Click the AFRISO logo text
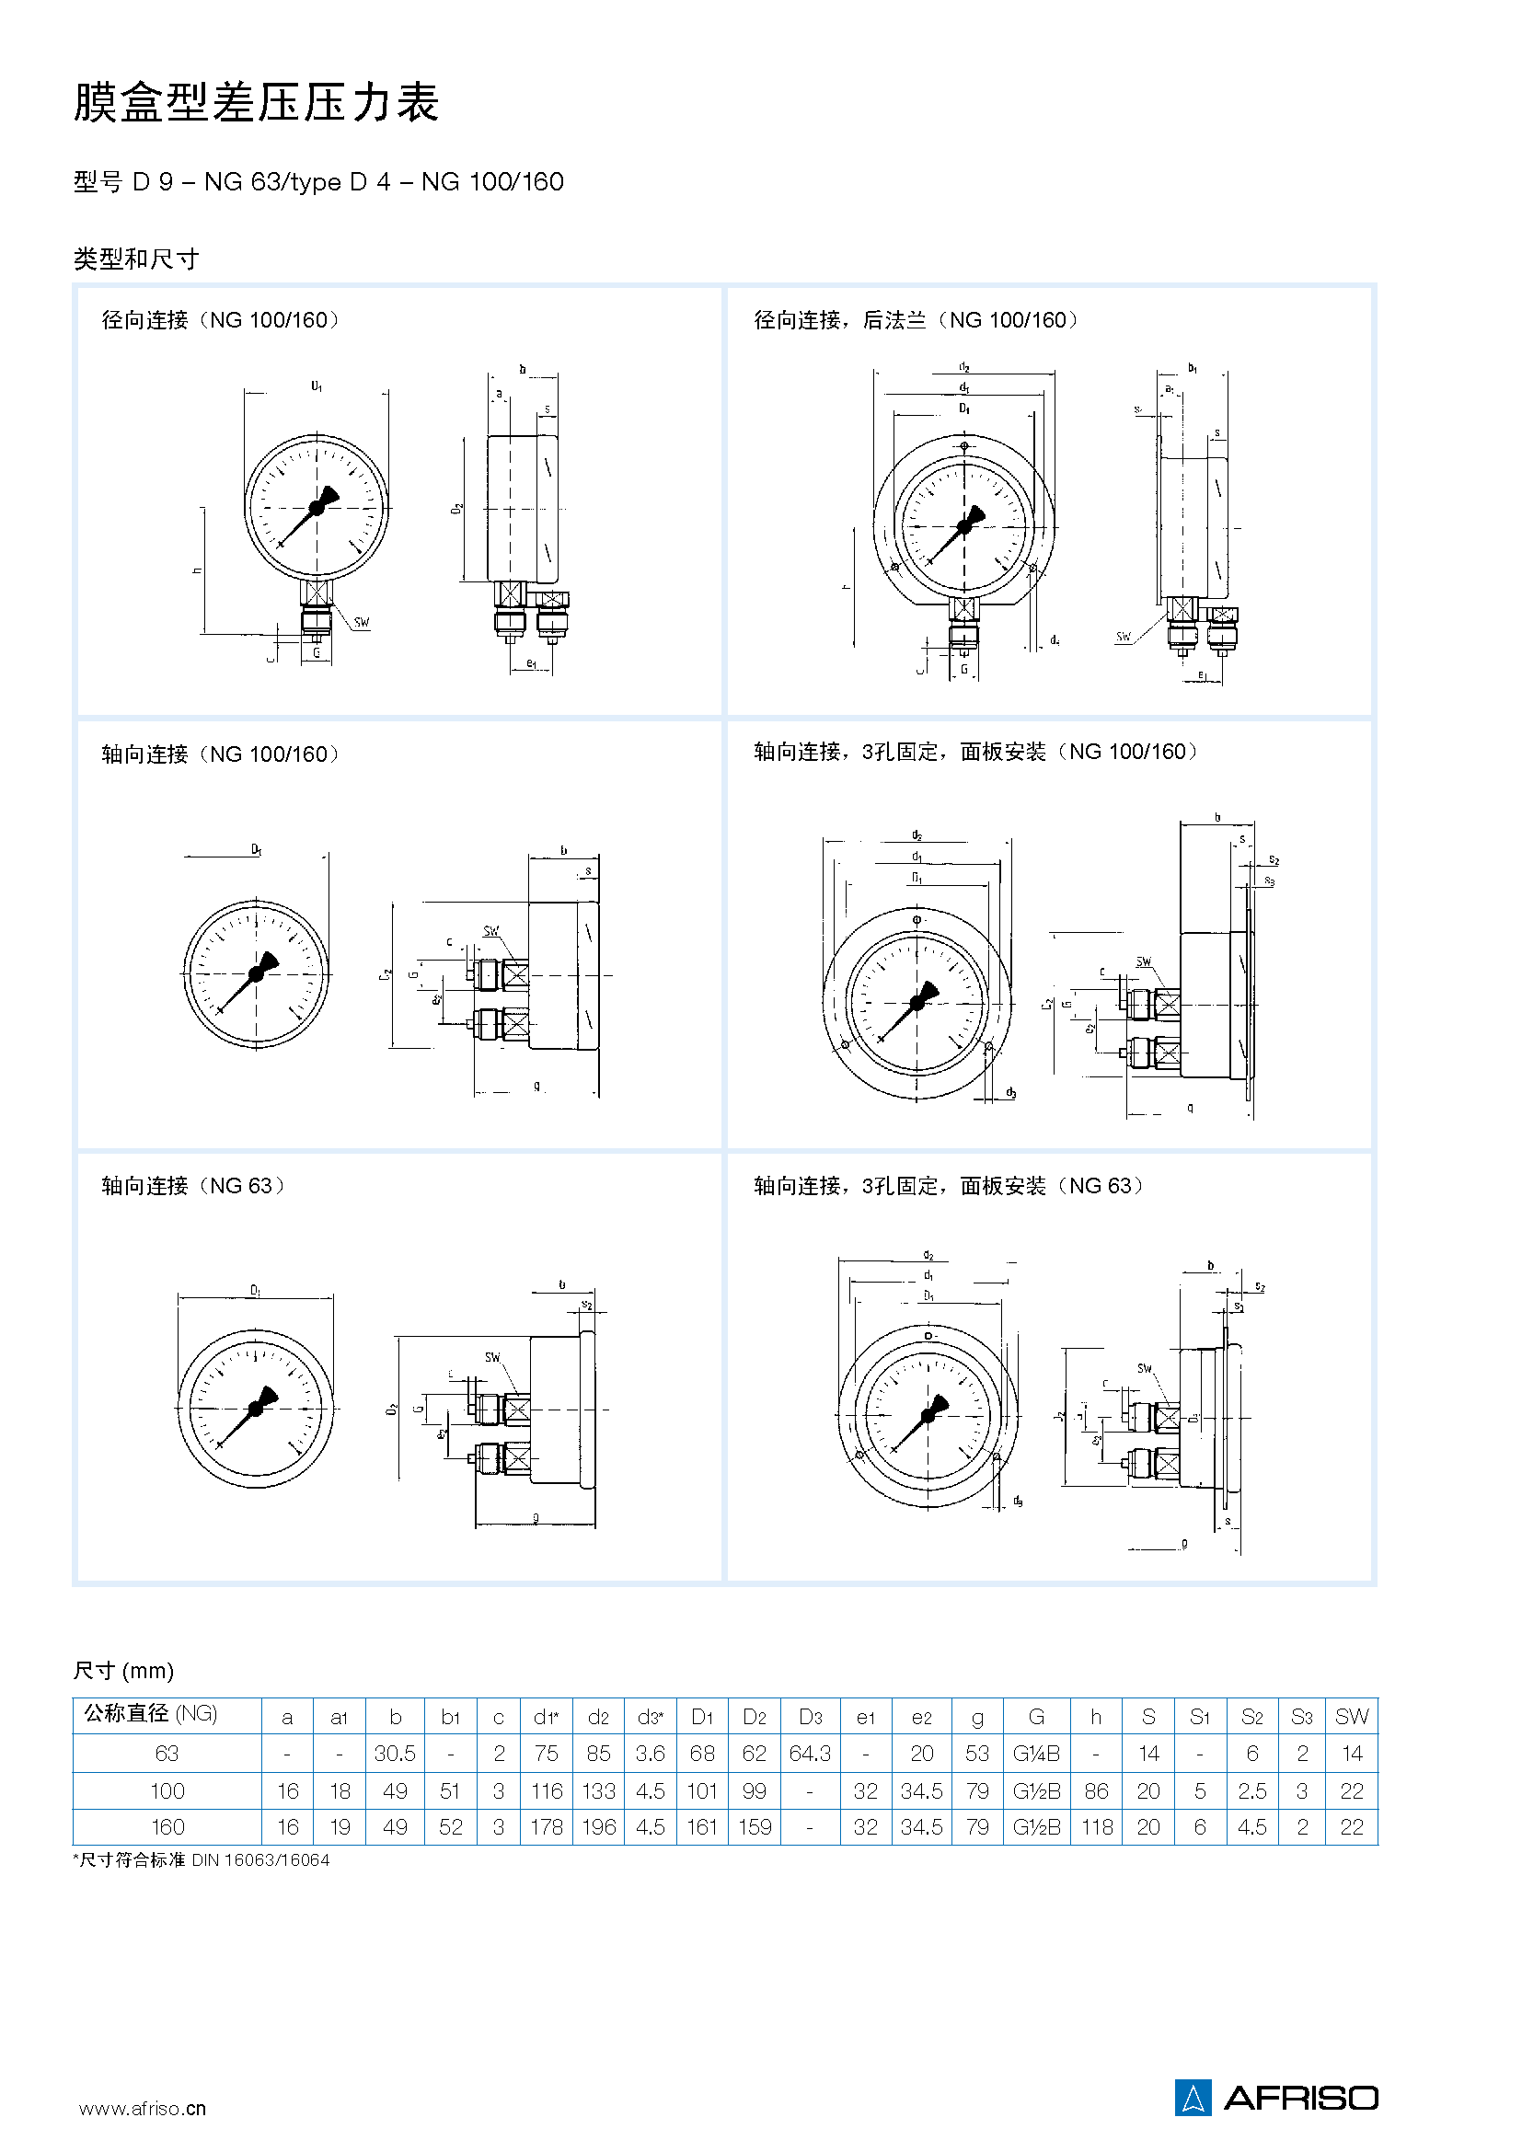tap(1300, 2098)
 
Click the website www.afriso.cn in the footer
tap(143, 2108)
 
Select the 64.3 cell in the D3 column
tap(810, 1753)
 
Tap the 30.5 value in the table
tap(395, 1753)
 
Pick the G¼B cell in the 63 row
tap(1035, 1753)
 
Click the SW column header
tap(1352, 1716)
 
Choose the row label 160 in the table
tap(167, 1827)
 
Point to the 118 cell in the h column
tap(1096, 1827)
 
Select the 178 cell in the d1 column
tap(547, 1827)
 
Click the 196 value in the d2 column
tap(599, 1827)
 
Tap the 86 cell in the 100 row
tap(1096, 1790)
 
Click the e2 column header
tap(921, 1716)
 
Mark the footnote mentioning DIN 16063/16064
tap(202, 1859)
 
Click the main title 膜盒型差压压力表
tap(256, 102)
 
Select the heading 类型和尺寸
tap(136, 259)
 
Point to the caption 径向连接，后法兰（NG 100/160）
tap(916, 320)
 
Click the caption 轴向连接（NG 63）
tap(193, 1186)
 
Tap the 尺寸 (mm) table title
tap(123, 1670)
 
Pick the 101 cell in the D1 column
tap(702, 1790)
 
